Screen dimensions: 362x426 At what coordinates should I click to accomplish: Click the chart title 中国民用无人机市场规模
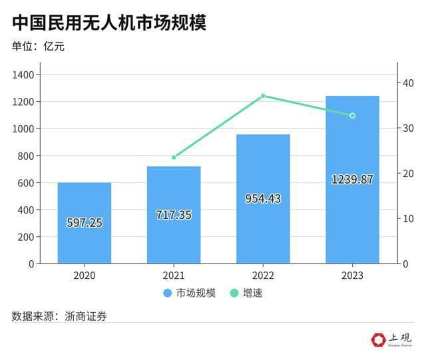[109, 23]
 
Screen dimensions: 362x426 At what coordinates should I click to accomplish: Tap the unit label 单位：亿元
[39, 47]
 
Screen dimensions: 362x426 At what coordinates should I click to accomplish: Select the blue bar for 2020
[85, 200]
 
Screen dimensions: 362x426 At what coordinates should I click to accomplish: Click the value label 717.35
[174, 215]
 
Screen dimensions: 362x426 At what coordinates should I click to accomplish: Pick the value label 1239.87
[352, 179]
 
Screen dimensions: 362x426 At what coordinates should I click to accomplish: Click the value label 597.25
[85, 223]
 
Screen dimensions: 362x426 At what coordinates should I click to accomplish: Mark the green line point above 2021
[174, 157]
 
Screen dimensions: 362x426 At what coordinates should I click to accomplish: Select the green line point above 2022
[263, 96]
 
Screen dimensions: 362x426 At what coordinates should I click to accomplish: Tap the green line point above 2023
[352, 116]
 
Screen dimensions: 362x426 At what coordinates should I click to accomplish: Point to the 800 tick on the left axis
[26, 156]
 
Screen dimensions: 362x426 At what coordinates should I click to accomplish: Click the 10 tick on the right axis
[408, 218]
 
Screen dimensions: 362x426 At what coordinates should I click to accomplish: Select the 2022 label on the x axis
[263, 275]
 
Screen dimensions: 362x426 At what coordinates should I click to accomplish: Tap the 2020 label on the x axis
[85, 275]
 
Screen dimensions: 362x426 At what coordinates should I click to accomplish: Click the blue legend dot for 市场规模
[167, 293]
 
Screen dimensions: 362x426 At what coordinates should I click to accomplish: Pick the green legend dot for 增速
[234, 293]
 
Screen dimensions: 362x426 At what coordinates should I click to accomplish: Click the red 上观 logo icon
[378, 339]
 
